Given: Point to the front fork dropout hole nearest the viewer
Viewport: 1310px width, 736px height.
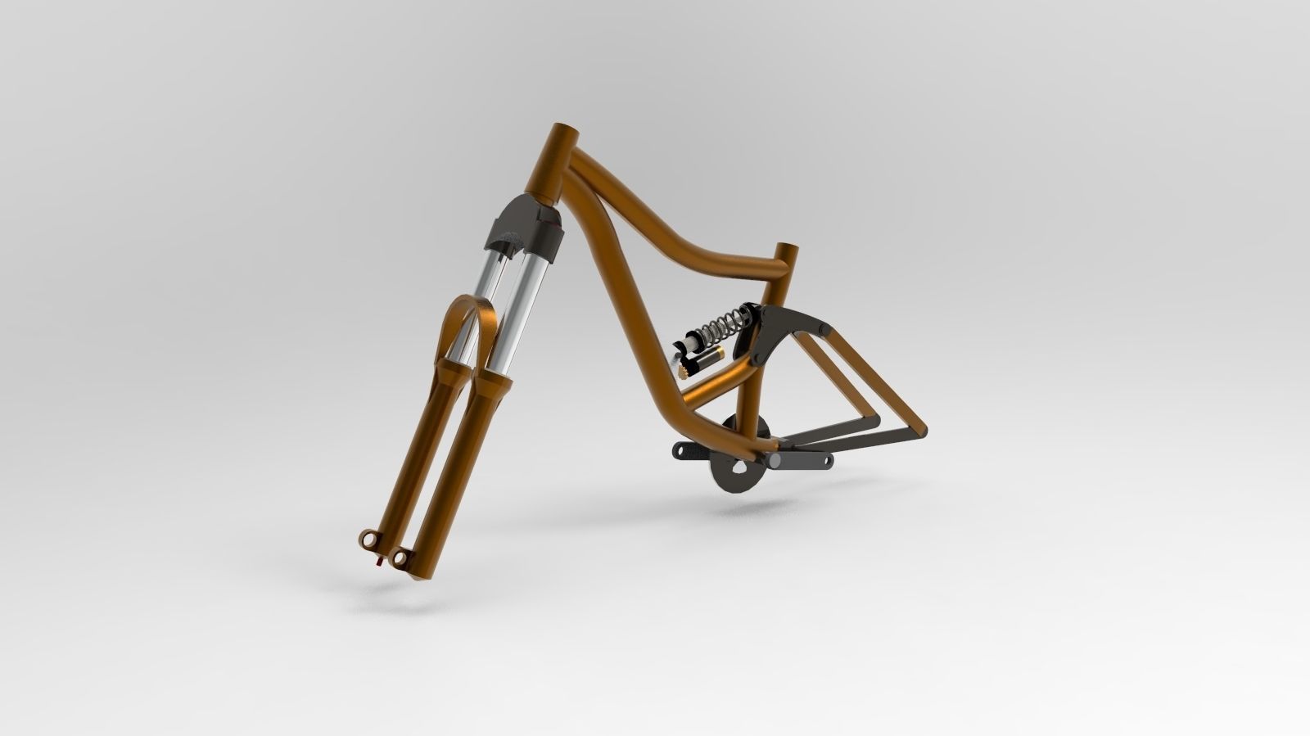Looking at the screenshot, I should click(400, 558).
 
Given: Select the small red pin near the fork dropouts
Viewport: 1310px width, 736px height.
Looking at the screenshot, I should click(378, 562).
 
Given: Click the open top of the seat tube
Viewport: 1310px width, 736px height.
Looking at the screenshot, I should click(784, 249).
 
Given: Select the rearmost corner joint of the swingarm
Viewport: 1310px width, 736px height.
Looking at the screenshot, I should click(923, 429).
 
